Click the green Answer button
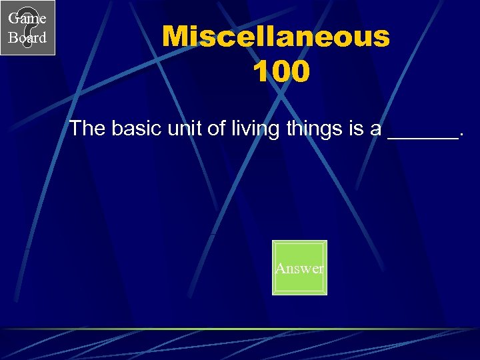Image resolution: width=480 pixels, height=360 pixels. pyautogui.click(x=299, y=267)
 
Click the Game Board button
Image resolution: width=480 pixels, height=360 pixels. pyautogui.click(x=27, y=27)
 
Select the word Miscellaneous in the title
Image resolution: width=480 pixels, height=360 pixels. pyautogui.click(x=275, y=37)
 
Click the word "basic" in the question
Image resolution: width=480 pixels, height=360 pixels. pyautogui.click(x=136, y=128)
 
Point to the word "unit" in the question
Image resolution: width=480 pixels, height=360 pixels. pyautogui.click(x=186, y=128)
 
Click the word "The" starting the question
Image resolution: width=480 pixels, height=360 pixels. pyautogui.click(x=87, y=128)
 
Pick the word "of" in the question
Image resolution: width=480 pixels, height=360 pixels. pyautogui.click(x=217, y=128)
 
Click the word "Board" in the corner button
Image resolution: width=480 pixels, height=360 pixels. pyautogui.click(x=27, y=37)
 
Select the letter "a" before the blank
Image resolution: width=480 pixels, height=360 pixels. pyautogui.click(x=377, y=130)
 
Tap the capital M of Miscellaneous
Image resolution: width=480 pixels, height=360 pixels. pyautogui.click(x=177, y=37)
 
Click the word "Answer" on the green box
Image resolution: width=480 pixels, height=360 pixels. pyautogui.click(x=299, y=269)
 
